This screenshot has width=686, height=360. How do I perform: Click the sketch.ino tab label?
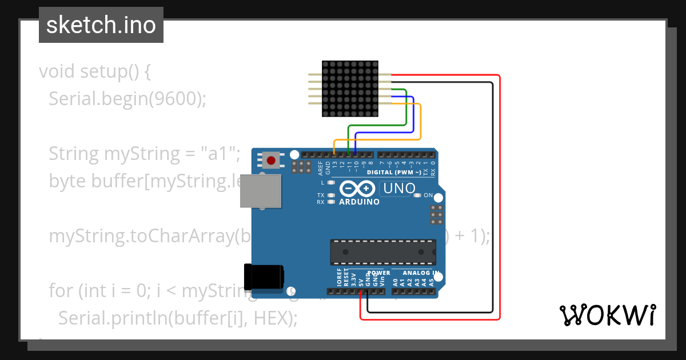pyautogui.click(x=101, y=25)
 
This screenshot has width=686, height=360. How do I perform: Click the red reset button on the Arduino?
pyautogui.click(x=270, y=160)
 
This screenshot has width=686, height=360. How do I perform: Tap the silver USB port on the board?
pyautogui.click(x=260, y=191)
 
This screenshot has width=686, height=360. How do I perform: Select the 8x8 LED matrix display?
pyautogui.click(x=350, y=89)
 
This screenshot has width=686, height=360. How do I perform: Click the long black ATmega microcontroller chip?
pyautogui.click(x=382, y=252)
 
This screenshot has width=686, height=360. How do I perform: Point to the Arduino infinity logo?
pyautogui.click(x=357, y=189)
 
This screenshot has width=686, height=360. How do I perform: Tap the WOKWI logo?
pyautogui.click(x=607, y=315)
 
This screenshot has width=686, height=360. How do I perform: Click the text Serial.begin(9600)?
pyautogui.click(x=127, y=99)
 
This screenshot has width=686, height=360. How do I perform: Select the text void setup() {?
pyautogui.click(x=95, y=71)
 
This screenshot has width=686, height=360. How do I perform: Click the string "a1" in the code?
pyautogui.click(x=220, y=154)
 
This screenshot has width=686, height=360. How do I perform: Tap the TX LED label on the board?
pyautogui.click(x=321, y=195)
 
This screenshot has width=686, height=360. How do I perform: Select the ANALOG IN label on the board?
pyautogui.click(x=421, y=273)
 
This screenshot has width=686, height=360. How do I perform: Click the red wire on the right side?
pyautogui.click(x=500, y=200)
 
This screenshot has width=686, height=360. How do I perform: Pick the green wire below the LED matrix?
pyautogui.click(x=377, y=125)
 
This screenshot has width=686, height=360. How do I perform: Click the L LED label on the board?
pyautogui.click(x=322, y=183)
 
